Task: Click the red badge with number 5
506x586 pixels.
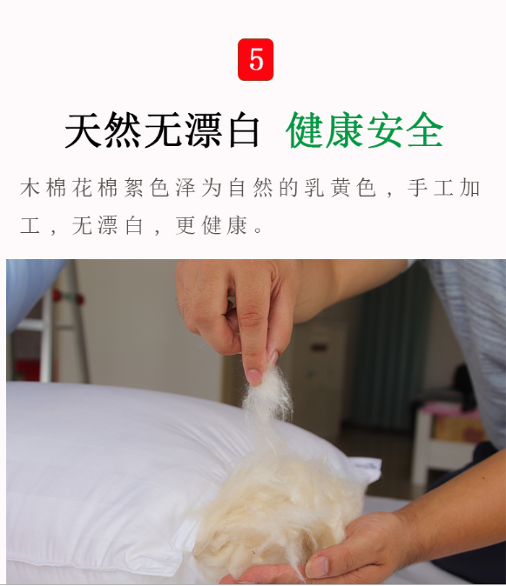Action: pyautogui.click(x=256, y=59)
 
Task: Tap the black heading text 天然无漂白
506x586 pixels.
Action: pyautogui.click(x=162, y=130)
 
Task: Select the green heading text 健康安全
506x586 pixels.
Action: pyautogui.click(x=365, y=130)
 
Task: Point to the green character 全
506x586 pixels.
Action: pyautogui.click(x=425, y=130)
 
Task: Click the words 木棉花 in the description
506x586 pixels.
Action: pyautogui.click(x=57, y=188)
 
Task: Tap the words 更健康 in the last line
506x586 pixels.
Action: pyautogui.click(x=212, y=225)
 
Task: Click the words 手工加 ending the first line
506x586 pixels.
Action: pyautogui.click(x=444, y=188)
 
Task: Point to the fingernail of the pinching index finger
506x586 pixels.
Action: pyautogui.click(x=254, y=376)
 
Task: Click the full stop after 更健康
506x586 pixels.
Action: pyautogui.click(x=258, y=230)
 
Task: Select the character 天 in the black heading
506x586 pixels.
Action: pyautogui.click(x=83, y=130)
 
